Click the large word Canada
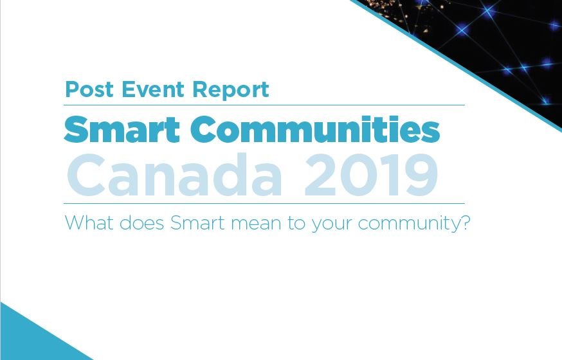point(174,174)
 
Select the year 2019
point(371,174)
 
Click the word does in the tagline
point(145,223)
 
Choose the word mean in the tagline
point(265,224)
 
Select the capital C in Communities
point(204,130)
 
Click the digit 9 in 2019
point(419,175)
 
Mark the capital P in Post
point(71,89)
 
